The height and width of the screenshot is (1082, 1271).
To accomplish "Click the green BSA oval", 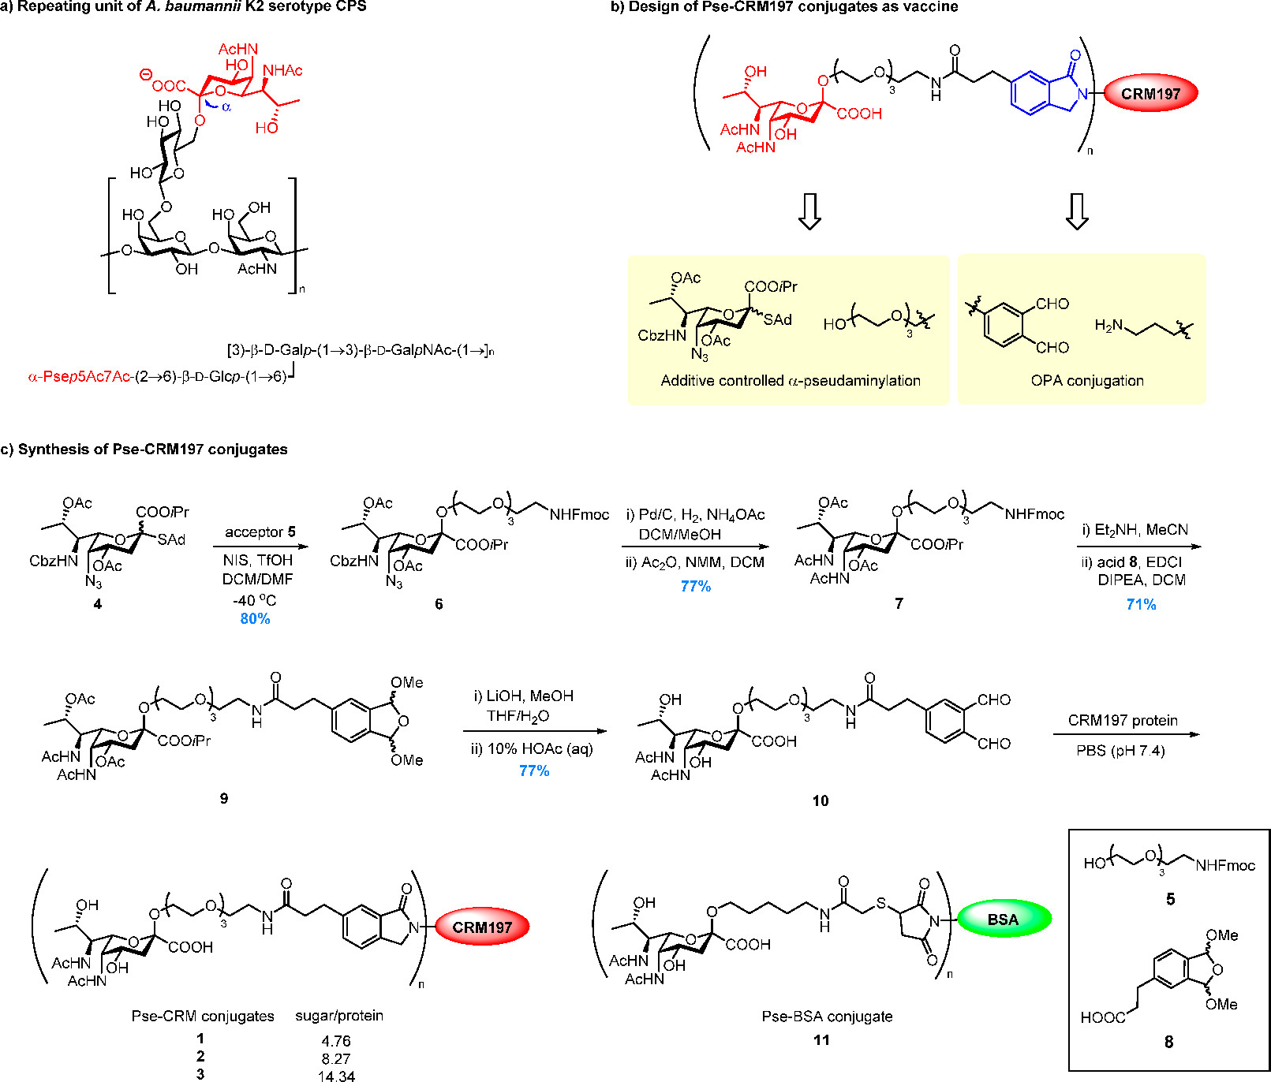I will click(1003, 920).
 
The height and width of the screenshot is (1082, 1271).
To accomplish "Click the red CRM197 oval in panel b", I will click(1150, 94).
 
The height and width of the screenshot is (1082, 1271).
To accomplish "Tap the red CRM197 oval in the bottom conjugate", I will click(482, 927).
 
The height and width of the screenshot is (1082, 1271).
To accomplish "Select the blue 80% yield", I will click(255, 619).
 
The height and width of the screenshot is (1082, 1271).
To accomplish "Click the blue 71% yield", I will click(1141, 605).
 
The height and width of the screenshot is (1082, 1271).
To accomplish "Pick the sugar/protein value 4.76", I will click(336, 1041).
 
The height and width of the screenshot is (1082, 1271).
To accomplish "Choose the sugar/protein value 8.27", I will click(336, 1058).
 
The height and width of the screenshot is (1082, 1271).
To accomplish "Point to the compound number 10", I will click(821, 801).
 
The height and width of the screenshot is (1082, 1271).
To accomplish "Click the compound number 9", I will click(224, 799).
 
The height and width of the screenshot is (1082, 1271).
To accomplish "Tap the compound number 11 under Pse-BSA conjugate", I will click(821, 1040).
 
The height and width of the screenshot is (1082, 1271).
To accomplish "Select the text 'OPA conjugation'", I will click(1087, 381).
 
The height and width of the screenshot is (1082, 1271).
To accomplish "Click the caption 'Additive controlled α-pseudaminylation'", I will click(791, 381).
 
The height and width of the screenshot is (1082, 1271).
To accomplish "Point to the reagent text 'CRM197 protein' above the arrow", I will click(1123, 721).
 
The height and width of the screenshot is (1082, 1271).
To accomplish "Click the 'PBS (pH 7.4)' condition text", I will click(1120, 751).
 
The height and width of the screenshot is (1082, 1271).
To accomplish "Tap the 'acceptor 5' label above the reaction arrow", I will click(260, 532).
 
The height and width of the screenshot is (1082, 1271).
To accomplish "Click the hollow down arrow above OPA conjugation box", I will click(1077, 211).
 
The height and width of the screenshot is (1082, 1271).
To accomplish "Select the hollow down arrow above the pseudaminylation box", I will click(809, 211).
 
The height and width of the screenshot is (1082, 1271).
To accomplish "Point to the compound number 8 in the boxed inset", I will click(1169, 1043).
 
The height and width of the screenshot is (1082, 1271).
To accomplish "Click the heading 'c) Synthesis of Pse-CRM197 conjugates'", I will click(144, 450).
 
